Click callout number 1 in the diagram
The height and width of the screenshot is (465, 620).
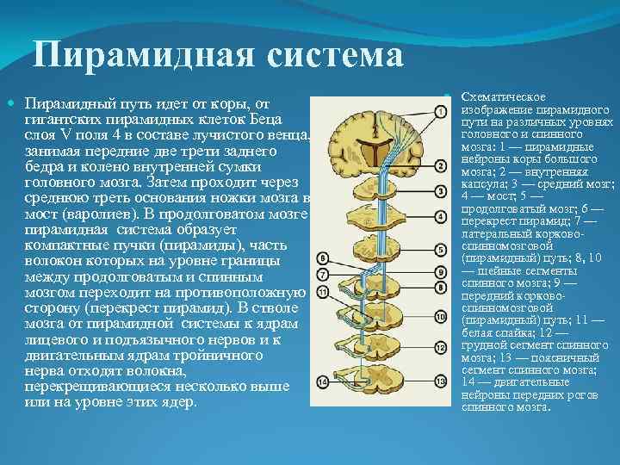point(440,111)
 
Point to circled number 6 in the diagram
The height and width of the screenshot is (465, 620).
point(320,257)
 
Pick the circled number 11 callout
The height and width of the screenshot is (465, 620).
point(320,292)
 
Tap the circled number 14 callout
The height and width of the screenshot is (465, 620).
point(320,381)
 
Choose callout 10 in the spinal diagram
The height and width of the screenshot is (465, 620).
point(440,317)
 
